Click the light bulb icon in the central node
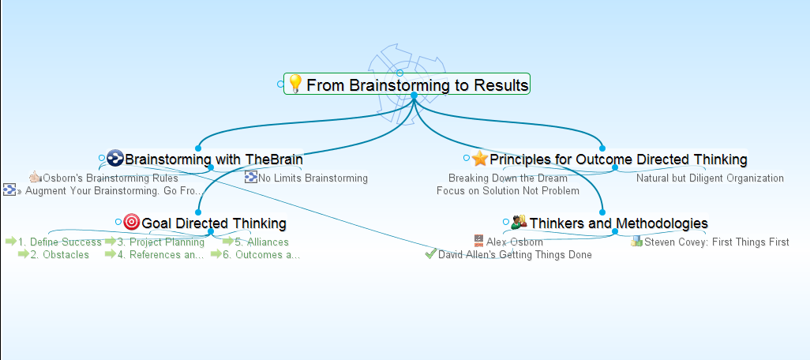tap(295, 84)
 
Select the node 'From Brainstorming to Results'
tap(417, 84)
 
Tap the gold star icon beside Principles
tap(480, 159)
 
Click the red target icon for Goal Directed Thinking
tap(132, 223)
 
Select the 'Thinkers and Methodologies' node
tap(618, 223)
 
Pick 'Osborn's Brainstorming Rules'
tap(110, 178)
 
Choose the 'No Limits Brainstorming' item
tap(313, 178)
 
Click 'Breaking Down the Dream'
tap(508, 178)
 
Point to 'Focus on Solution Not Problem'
tap(508, 191)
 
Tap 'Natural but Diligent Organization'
tap(710, 178)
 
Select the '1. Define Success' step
tap(60, 242)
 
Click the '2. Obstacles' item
tap(59, 255)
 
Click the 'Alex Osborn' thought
tap(514, 242)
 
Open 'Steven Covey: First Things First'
tap(716, 242)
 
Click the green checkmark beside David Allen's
tap(430, 254)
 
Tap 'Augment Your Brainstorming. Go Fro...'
tap(114, 191)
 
